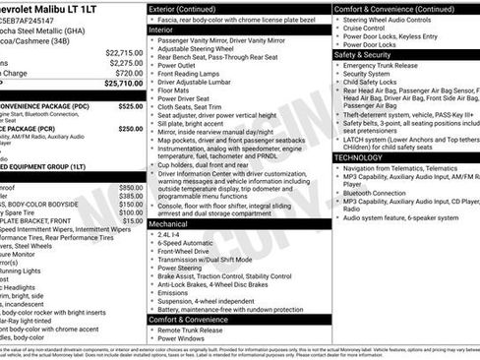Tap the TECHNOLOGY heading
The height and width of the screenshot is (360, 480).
click(358, 157)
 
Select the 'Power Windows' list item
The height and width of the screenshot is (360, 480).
click(184, 340)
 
